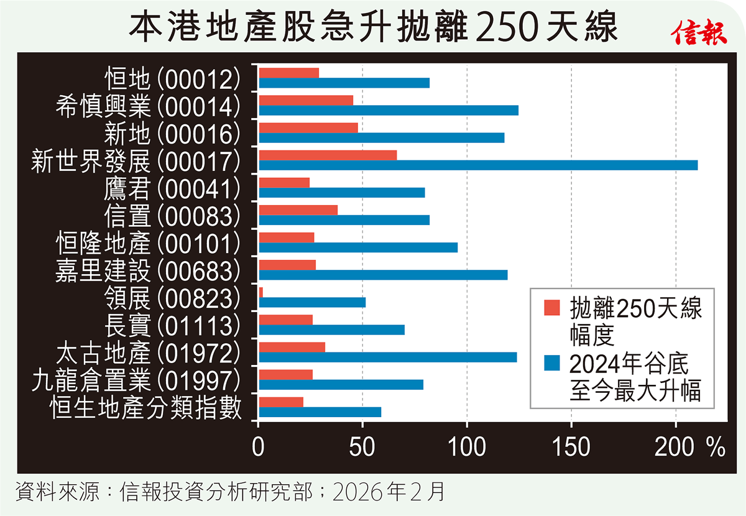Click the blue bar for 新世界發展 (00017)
click(x=477, y=165)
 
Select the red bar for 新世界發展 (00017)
click(x=328, y=155)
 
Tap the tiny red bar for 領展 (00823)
click(x=260, y=292)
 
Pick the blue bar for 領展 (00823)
click(x=312, y=302)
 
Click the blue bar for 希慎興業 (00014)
click(x=389, y=110)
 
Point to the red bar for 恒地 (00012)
click(x=288, y=73)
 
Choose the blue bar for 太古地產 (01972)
click(x=387, y=357)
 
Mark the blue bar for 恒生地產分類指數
click(x=320, y=412)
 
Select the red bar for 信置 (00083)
click(x=298, y=210)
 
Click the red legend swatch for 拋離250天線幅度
click(x=552, y=308)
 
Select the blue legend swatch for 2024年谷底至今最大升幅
click(x=552, y=362)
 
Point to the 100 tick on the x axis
click(x=467, y=448)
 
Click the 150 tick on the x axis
click(x=571, y=448)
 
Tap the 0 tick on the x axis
click(x=258, y=448)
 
